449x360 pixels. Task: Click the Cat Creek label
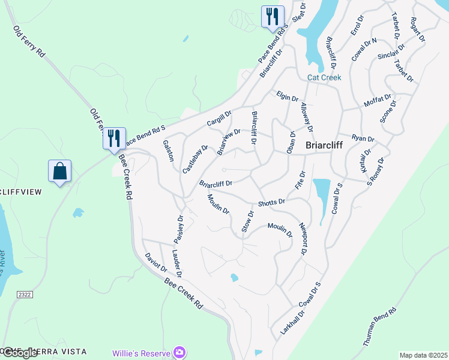(x=324, y=77)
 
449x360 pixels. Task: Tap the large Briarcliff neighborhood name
(x=329, y=145)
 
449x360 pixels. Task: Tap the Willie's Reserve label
(x=141, y=353)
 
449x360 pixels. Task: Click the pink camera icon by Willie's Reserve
(x=178, y=352)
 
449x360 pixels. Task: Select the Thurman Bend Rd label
(x=381, y=326)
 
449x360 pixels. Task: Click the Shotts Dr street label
(x=271, y=203)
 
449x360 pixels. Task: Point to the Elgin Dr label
(x=288, y=96)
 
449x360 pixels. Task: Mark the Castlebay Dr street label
(x=195, y=159)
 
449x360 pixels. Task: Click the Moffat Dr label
(x=378, y=101)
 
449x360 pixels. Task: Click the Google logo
(x=19, y=353)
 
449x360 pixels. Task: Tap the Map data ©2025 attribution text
(x=423, y=355)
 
